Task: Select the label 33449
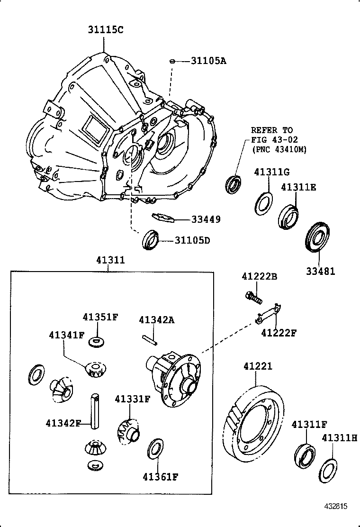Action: pyautogui.click(x=206, y=219)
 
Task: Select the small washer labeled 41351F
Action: pyautogui.click(x=98, y=340)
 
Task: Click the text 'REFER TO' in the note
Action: pyautogui.click(x=271, y=130)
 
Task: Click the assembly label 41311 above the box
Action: pyautogui.click(x=110, y=260)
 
